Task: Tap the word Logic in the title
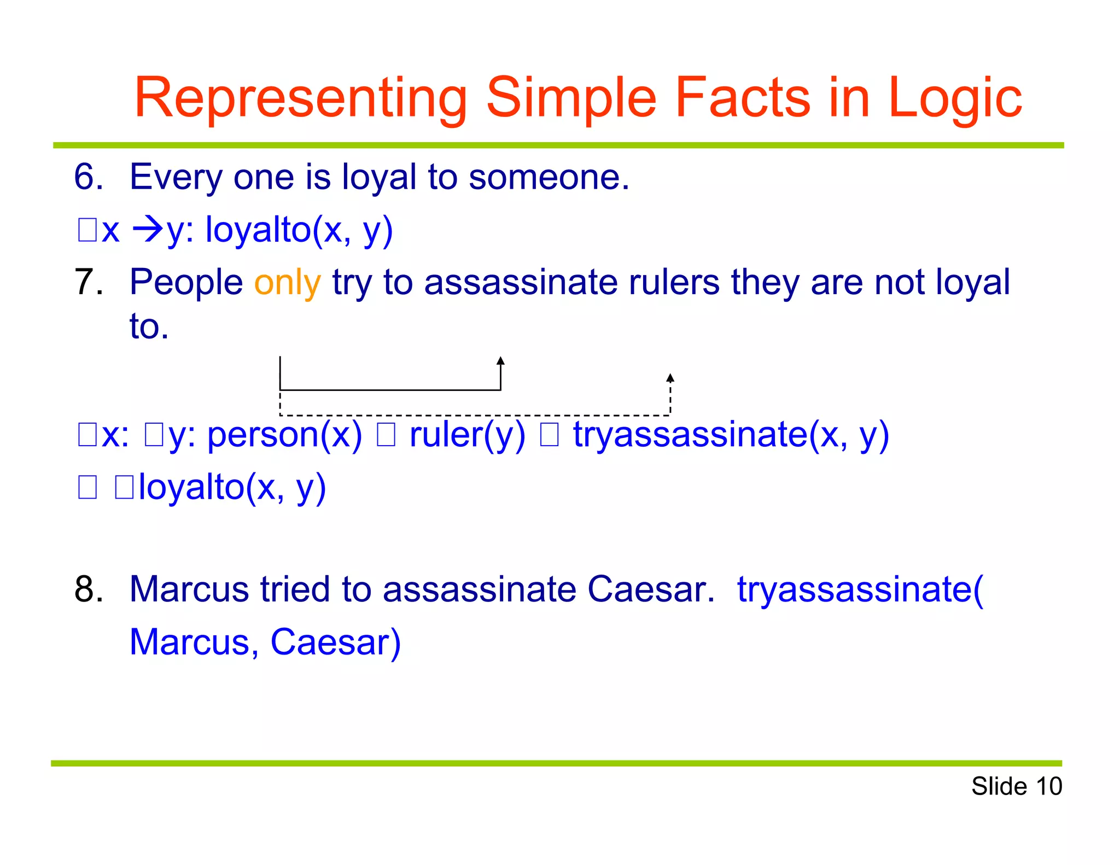[x=954, y=98]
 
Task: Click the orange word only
[x=287, y=283]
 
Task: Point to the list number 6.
[x=88, y=177]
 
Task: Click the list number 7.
[x=88, y=283]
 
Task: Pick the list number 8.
[x=88, y=589]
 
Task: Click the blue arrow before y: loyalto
[x=148, y=230]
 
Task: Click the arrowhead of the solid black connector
[x=500, y=361]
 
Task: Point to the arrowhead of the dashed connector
[x=670, y=378]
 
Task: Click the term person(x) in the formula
[x=284, y=435]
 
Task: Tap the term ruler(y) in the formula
[x=467, y=435]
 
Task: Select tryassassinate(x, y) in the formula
[x=731, y=435]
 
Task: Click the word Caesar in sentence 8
[x=650, y=589]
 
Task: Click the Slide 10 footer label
[x=1016, y=786]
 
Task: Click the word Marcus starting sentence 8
[x=189, y=589]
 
